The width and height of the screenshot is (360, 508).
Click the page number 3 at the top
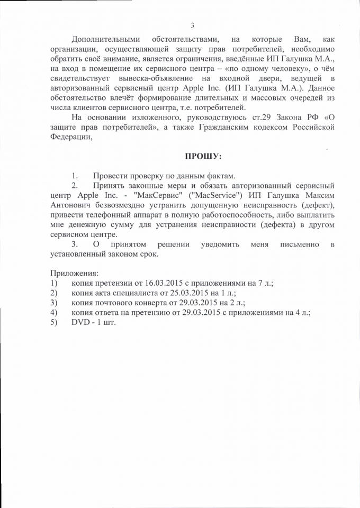(192, 25)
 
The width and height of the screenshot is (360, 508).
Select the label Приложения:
(75, 274)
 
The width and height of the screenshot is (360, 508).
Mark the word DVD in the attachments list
(81, 322)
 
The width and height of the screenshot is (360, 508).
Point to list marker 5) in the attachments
(54, 322)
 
